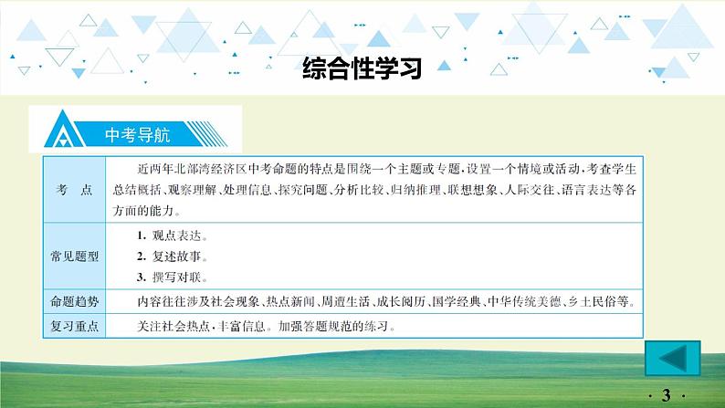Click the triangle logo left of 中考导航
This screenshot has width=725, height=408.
[x=63, y=131]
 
